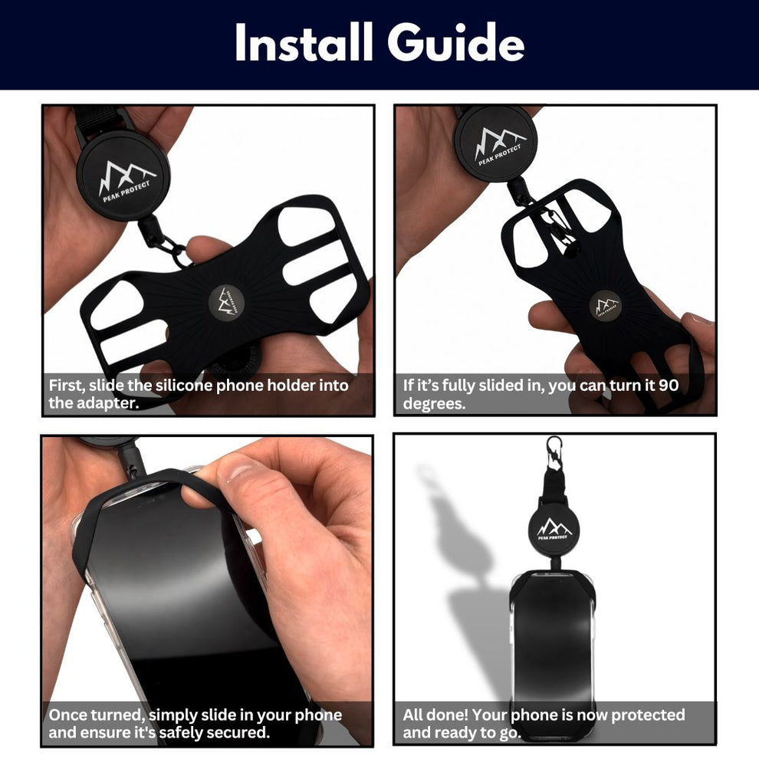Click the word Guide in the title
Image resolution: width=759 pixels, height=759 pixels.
tap(456, 43)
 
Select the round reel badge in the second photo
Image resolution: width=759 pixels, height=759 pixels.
tap(496, 143)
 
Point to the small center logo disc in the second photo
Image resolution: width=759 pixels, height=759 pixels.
tap(606, 305)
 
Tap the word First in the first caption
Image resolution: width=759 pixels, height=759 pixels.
tap(66, 386)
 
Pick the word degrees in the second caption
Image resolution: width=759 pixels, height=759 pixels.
tap(434, 404)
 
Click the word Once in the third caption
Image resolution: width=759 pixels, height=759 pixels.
tap(67, 715)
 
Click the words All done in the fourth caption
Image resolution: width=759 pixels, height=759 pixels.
tap(435, 715)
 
